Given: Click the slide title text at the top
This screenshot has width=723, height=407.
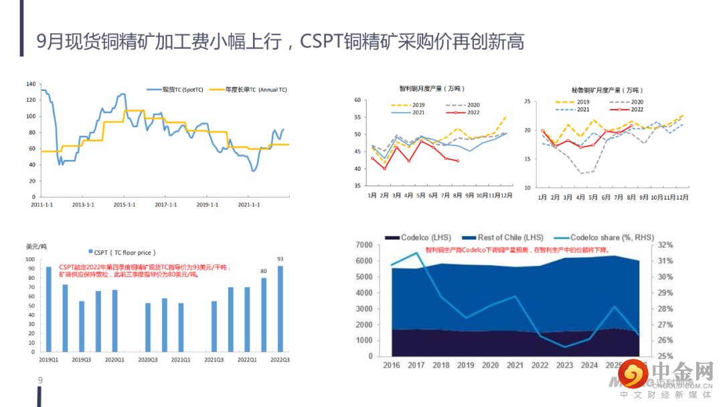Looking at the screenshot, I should (x=280, y=42).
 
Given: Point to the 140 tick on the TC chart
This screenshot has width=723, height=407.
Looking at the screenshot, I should (x=30, y=84).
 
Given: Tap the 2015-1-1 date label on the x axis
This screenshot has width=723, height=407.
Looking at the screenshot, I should (x=125, y=204).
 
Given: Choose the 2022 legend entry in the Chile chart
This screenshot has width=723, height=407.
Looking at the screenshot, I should (x=466, y=112).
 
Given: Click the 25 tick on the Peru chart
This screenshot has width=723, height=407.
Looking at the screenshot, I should (x=528, y=102).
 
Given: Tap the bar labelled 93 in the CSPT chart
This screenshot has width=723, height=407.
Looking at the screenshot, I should (x=280, y=309).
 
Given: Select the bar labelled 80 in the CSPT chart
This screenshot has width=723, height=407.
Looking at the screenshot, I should (x=264, y=315).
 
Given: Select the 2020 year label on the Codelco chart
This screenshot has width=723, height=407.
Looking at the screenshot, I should (x=490, y=365).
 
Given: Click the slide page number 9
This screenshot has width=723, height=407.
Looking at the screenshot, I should (x=40, y=382).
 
